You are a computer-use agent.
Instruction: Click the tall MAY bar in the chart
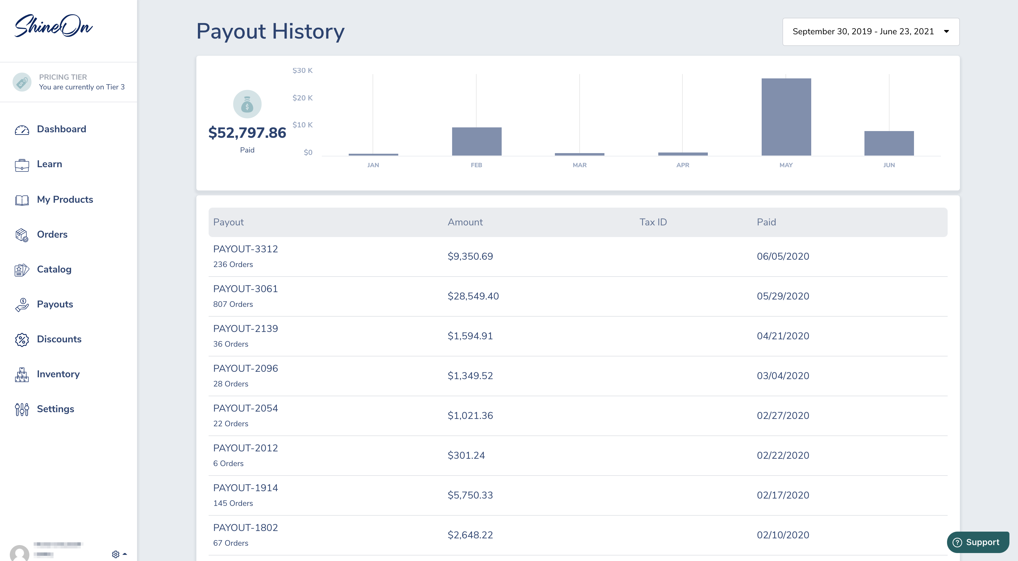786,117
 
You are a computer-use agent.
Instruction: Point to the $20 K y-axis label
302,98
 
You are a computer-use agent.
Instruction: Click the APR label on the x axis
682,165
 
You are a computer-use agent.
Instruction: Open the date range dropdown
871,32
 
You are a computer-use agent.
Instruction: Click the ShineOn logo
53,26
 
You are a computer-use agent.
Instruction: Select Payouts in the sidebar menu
55,304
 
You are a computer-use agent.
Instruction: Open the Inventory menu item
58,374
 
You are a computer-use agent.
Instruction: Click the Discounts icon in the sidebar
22,340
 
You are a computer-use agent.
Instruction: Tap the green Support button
978,542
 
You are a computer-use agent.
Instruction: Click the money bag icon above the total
247,104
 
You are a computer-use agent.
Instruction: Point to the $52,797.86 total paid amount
247,133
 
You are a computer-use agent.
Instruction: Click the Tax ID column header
653,222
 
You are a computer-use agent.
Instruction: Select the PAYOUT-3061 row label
245,289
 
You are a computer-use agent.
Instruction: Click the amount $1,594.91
470,336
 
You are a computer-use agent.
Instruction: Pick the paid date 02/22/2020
782,455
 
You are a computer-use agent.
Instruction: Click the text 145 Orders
233,503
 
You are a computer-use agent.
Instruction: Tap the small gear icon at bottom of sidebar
115,554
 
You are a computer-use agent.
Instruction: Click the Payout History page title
270,31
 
